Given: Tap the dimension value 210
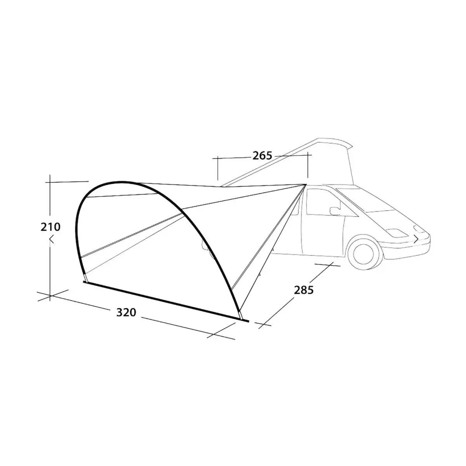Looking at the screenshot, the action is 50,227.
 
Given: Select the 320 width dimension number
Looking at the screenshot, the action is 126,312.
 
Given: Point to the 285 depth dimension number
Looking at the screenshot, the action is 304,290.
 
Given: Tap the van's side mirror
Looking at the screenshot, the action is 334,211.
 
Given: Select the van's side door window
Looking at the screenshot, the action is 323,205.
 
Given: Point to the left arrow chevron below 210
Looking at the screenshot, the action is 51,240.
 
